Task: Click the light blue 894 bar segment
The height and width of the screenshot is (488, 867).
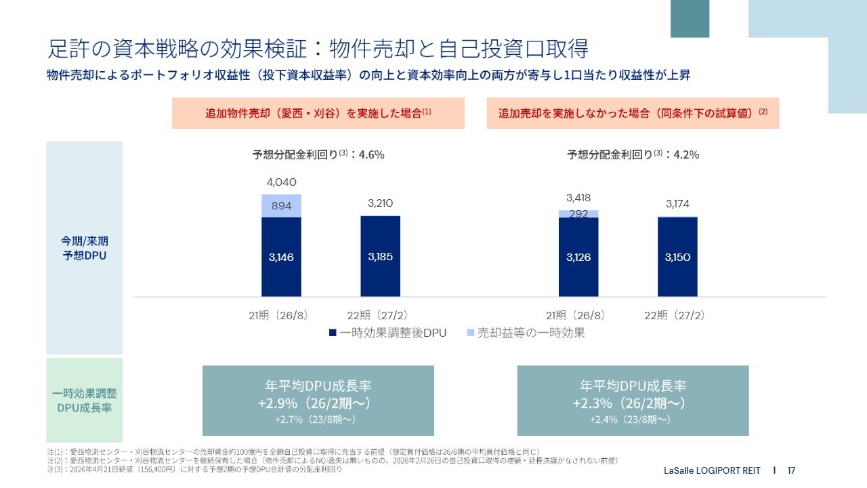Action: [x=281, y=206]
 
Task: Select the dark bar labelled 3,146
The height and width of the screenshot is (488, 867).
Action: [x=281, y=257]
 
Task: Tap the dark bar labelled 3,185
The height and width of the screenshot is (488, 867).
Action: [x=380, y=256]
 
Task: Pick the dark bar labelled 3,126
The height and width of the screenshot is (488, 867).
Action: [x=578, y=257]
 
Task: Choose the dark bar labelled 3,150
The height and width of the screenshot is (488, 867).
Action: [x=677, y=257]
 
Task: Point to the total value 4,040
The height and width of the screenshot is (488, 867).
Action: [x=281, y=182]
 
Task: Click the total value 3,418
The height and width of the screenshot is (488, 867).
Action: [x=578, y=198]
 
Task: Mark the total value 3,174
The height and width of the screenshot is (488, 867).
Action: [x=677, y=203]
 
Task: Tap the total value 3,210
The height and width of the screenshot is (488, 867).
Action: [x=380, y=203]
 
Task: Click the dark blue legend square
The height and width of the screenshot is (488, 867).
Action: [x=333, y=333]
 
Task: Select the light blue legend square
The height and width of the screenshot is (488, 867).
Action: [x=471, y=333]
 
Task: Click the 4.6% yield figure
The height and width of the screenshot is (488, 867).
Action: [x=371, y=155]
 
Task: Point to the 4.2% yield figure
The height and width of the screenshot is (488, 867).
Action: [x=685, y=155]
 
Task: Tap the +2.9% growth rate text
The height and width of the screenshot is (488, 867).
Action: [x=274, y=403]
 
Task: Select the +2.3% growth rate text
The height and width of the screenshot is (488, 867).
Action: [x=588, y=403]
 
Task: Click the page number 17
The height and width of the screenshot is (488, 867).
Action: [x=791, y=470]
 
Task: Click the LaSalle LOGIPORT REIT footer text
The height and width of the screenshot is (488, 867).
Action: [x=712, y=470]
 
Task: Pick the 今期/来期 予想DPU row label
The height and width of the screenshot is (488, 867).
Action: [x=84, y=248]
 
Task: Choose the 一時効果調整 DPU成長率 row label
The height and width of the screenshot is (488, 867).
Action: [x=84, y=401]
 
